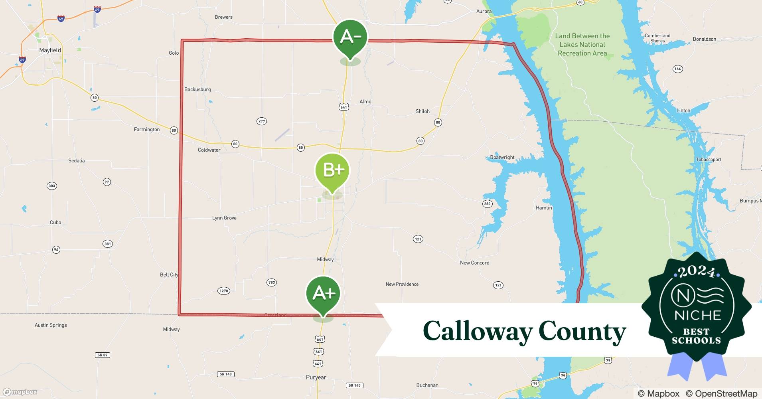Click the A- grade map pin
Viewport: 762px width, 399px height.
(x=350, y=38)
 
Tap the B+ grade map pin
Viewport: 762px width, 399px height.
(x=332, y=171)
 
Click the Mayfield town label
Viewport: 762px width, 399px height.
(x=50, y=50)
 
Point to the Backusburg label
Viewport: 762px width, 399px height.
(x=197, y=89)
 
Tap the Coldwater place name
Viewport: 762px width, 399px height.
(x=209, y=150)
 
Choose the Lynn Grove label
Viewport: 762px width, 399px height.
(x=224, y=218)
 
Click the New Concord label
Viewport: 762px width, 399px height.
(x=474, y=263)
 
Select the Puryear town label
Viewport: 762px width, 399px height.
(x=316, y=377)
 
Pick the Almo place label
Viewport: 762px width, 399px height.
(x=365, y=102)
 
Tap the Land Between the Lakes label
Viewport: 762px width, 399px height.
(x=582, y=45)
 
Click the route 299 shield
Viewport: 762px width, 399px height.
(x=261, y=121)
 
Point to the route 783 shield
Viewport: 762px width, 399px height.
(x=272, y=282)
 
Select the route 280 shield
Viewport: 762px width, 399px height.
(x=487, y=204)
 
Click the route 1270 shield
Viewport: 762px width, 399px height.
(x=224, y=291)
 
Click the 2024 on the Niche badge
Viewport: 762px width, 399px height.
(x=696, y=272)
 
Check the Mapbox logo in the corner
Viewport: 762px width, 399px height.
(x=20, y=392)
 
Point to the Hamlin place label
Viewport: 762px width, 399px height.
(x=544, y=208)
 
